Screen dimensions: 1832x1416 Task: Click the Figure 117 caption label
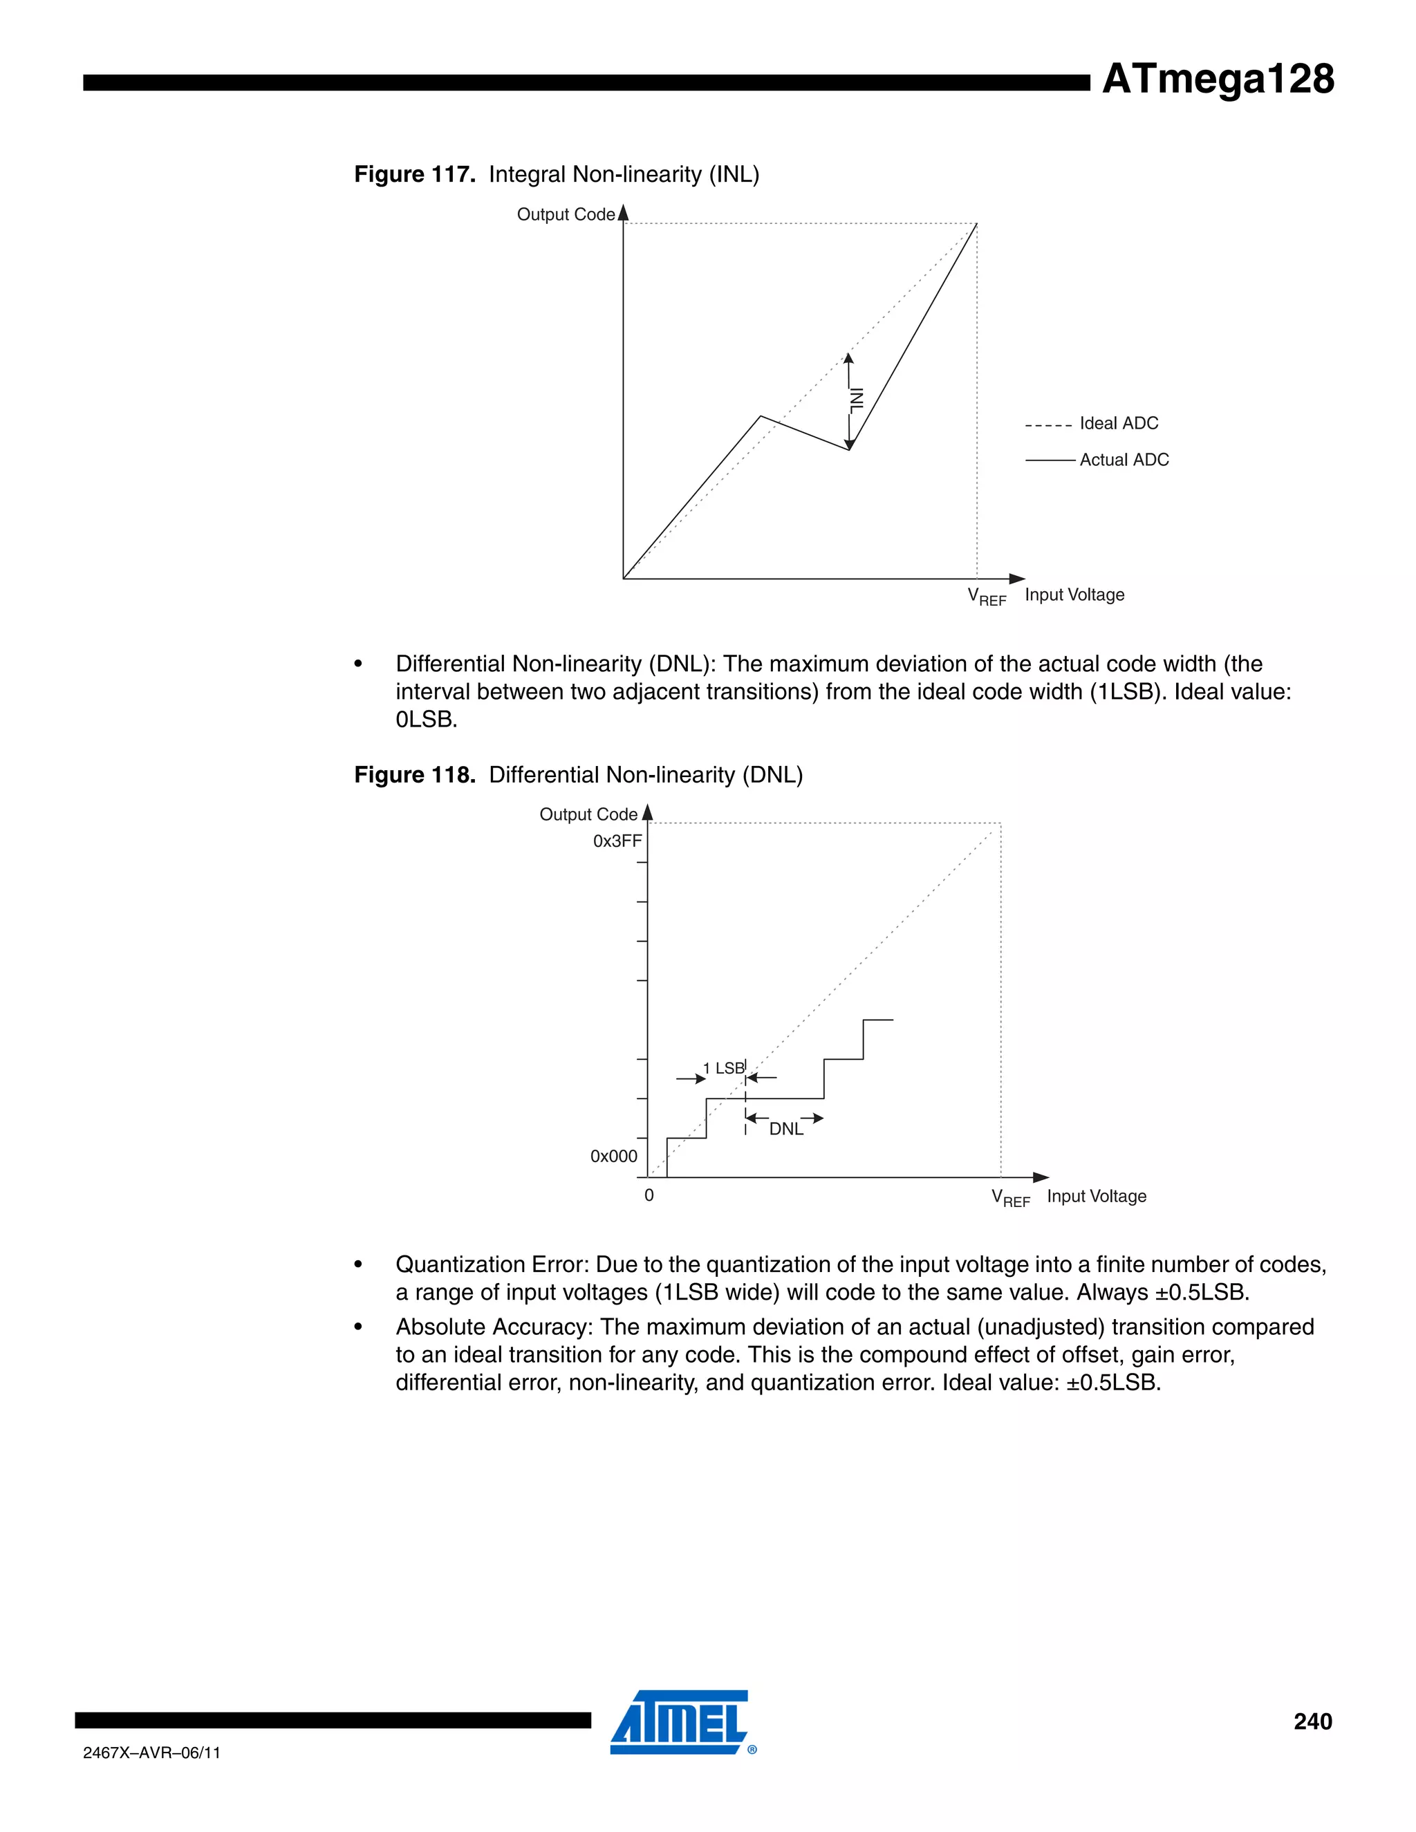pyautogui.click(x=414, y=174)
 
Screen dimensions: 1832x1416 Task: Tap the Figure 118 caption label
pyautogui.click(x=414, y=774)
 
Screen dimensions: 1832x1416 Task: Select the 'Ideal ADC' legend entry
pyautogui.click(x=1117, y=424)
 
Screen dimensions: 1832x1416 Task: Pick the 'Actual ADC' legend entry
pyautogui.click(x=1124, y=460)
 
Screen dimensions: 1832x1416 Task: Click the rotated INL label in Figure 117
pyautogui.click(x=857, y=400)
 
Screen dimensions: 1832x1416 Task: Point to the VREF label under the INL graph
pyautogui.click(x=987, y=597)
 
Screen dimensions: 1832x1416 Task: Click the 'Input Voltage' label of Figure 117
pyautogui.click(x=1074, y=595)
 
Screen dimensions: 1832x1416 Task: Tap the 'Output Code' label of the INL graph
pyautogui.click(x=566, y=215)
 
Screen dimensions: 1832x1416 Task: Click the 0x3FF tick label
pyautogui.click(x=617, y=841)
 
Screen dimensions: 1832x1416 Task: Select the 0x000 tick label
pyautogui.click(x=613, y=1156)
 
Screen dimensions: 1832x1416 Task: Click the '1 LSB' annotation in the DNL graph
pyautogui.click(x=723, y=1068)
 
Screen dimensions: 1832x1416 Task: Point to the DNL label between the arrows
pyautogui.click(x=786, y=1129)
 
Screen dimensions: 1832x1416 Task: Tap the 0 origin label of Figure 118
pyautogui.click(x=649, y=1195)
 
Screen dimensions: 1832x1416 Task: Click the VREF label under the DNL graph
pyautogui.click(x=1010, y=1198)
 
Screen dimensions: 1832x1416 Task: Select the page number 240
pyautogui.click(x=1312, y=1721)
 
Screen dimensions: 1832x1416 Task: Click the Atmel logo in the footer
pyautogui.click(x=680, y=1721)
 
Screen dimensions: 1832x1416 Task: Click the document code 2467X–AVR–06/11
pyautogui.click(x=152, y=1752)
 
